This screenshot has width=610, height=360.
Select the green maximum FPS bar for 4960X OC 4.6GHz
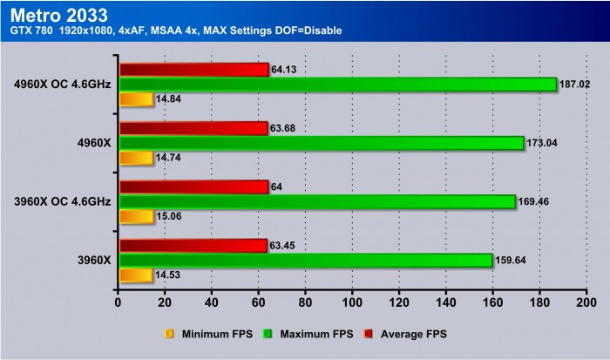tap(336, 85)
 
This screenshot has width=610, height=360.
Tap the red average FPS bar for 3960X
tap(193, 246)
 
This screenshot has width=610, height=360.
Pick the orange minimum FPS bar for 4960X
tap(135, 158)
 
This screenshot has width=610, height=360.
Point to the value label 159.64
tap(512, 261)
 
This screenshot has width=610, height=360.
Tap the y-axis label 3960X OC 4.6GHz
tap(62, 201)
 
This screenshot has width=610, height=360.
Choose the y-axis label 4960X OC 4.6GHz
tap(62, 85)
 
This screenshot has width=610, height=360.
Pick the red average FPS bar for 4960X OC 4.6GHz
tap(193, 70)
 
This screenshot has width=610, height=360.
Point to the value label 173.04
tap(544, 143)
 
